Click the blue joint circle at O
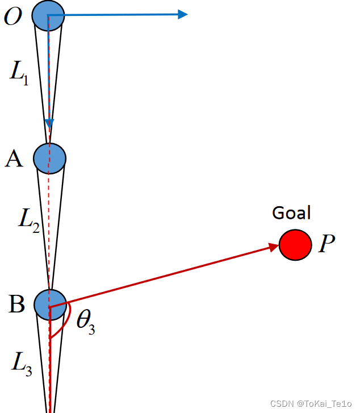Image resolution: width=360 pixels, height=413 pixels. coord(48,16)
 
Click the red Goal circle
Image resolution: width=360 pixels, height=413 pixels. coord(295,245)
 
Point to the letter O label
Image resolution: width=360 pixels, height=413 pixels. coord(13,17)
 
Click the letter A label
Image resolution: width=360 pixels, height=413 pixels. coord(14,159)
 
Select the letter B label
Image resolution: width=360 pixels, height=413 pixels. coord(16,304)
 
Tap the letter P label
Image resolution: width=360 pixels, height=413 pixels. coord(326,245)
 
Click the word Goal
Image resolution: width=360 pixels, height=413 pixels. coord(292,213)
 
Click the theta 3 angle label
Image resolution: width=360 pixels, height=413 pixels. coord(85,322)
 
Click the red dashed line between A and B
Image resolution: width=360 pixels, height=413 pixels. coord(50,227)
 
